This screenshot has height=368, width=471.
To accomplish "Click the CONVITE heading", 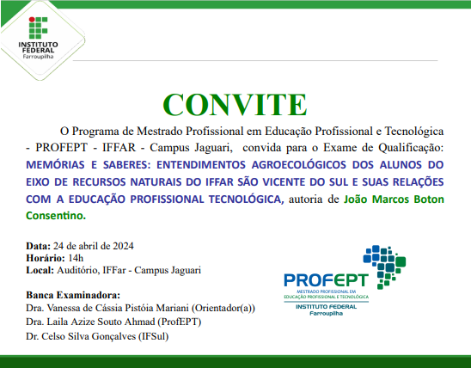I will (x=235, y=103).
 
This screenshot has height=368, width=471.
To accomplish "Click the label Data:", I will (x=39, y=244).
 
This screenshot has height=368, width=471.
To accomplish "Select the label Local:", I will (x=41, y=270).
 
